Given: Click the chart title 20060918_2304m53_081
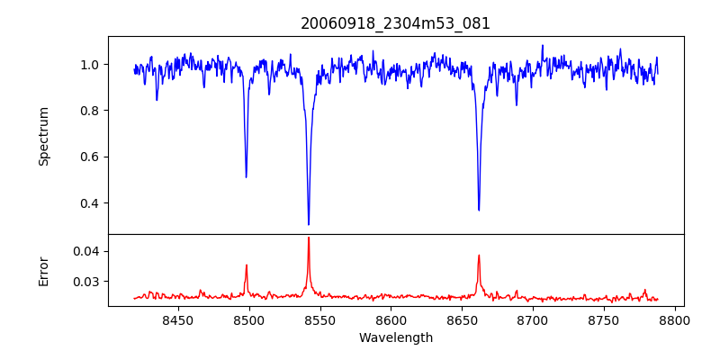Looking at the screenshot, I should [395, 23].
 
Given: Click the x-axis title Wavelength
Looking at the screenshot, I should [395, 338].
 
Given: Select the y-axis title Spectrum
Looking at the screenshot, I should [44, 136].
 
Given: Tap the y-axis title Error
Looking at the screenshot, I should [44, 270].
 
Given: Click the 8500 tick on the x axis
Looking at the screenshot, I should [249, 319].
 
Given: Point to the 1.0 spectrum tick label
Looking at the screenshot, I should [90, 65].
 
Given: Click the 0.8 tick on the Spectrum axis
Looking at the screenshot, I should [90, 111].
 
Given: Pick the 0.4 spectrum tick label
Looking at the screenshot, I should [90, 203].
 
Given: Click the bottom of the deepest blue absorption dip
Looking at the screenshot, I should [309, 224].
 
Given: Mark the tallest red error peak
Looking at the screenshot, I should [309, 238].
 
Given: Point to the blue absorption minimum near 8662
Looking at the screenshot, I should [479, 210].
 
